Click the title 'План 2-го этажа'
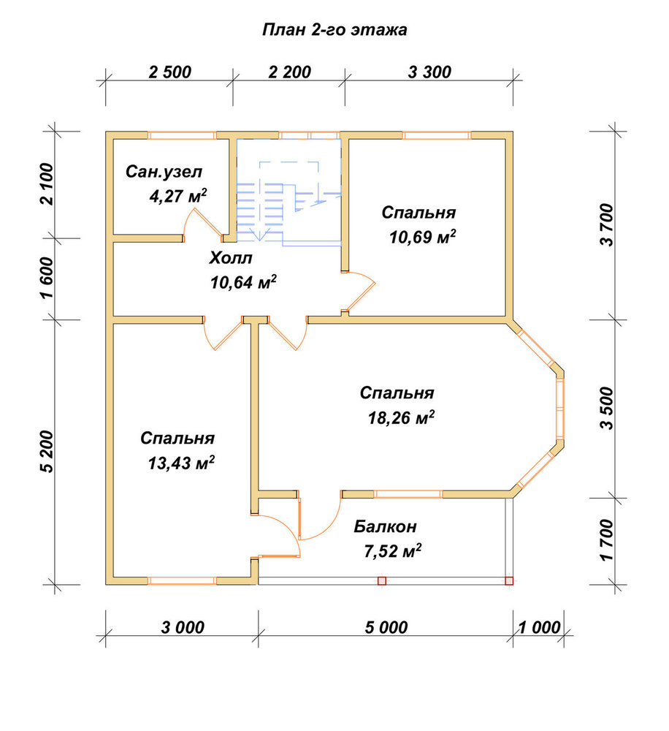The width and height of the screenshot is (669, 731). (334, 30)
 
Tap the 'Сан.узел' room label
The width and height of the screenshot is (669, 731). (164, 172)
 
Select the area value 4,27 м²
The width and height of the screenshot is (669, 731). (177, 196)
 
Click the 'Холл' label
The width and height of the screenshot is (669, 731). (230, 258)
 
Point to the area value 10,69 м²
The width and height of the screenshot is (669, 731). (422, 237)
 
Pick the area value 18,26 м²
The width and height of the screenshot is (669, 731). (401, 417)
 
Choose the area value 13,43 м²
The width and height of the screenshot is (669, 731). (181, 463)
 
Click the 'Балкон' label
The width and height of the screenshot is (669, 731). (385, 527)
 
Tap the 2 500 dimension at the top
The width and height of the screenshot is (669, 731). (170, 72)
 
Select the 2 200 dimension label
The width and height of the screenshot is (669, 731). (290, 72)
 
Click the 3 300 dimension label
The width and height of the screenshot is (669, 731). (429, 72)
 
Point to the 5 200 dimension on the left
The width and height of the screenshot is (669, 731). (48, 452)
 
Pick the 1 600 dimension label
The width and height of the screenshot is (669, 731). (48, 279)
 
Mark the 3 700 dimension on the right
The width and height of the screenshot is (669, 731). (608, 224)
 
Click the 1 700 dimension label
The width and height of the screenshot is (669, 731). (608, 540)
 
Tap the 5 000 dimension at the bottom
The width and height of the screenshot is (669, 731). (386, 627)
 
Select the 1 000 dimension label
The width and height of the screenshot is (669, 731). (540, 627)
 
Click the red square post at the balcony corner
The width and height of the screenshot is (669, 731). (509, 581)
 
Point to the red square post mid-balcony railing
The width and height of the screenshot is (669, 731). (382, 581)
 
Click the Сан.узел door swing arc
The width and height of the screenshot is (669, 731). (187, 219)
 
